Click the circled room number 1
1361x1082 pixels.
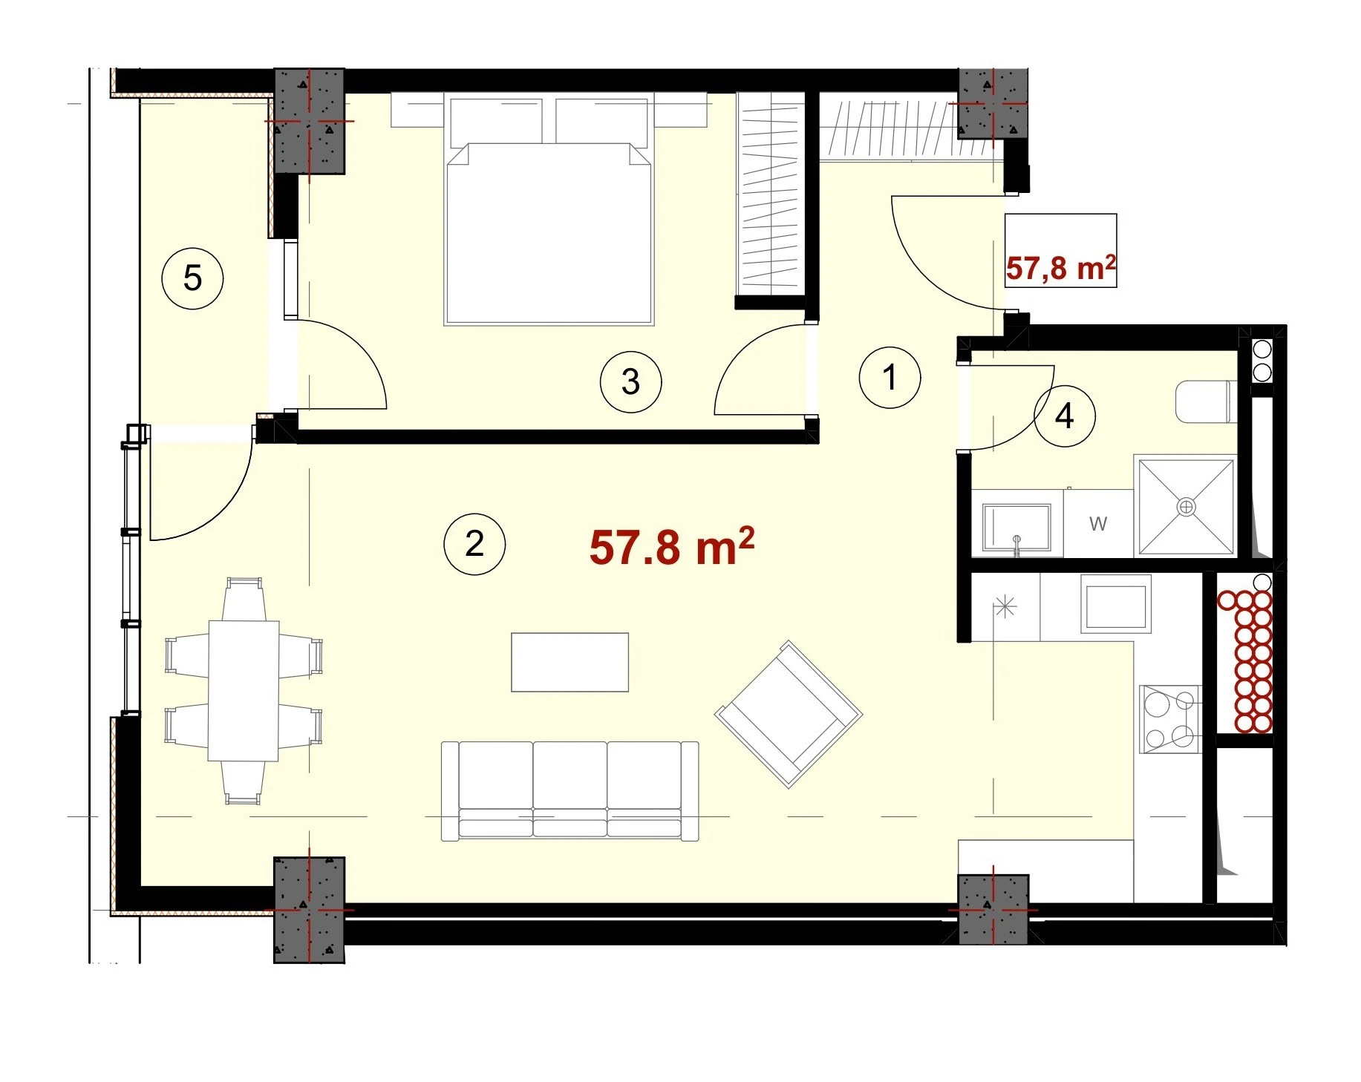click(890, 377)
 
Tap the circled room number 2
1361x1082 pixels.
click(474, 544)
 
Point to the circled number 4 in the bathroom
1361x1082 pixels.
click(1064, 416)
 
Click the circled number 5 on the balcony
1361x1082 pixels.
click(192, 279)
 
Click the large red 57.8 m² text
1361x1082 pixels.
click(672, 546)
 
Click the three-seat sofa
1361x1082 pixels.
click(570, 791)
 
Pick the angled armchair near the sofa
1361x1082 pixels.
click(789, 713)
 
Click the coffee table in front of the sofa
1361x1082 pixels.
click(570, 662)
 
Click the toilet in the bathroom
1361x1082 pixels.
click(1207, 402)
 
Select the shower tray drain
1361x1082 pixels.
click(1187, 506)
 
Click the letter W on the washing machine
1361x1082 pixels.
click(1098, 524)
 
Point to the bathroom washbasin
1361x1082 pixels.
click(1016, 527)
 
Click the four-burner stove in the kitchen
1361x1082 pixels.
click(1170, 718)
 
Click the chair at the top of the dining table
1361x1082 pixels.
click(244, 598)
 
